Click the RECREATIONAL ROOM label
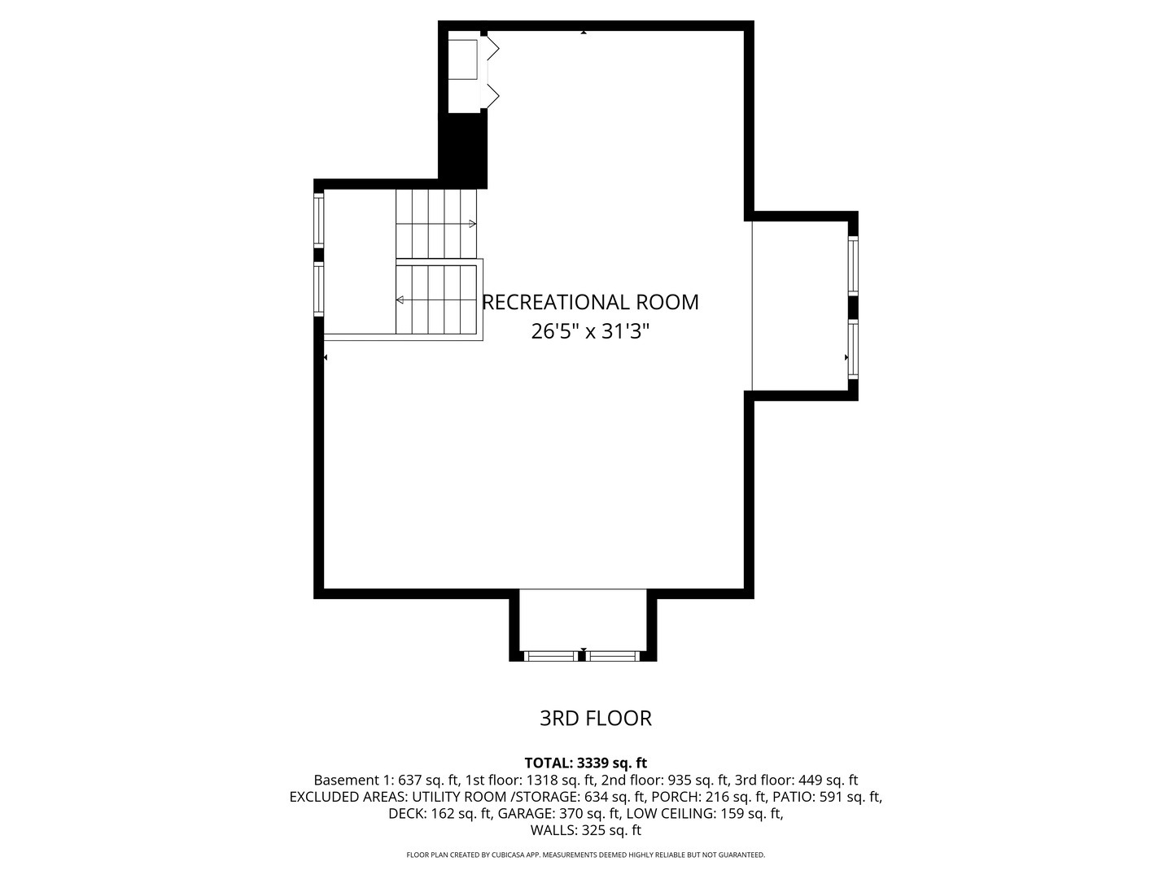click(x=590, y=303)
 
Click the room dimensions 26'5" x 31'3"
click(x=590, y=332)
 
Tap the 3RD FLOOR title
click(x=596, y=719)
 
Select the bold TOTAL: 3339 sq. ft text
click(x=585, y=763)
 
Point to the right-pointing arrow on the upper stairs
click(x=472, y=224)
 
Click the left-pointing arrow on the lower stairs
click(x=400, y=300)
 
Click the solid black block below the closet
click(x=462, y=151)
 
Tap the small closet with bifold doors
click(x=463, y=73)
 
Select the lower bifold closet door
click(x=491, y=96)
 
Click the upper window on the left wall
click(x=319, y=220)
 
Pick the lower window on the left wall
click(x=319, y=288)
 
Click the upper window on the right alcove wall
click(x=853, y=265)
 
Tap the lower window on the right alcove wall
click(x=853, y=349)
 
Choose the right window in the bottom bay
click(x=614, y=655)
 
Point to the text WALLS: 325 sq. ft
click(x=585, y=831)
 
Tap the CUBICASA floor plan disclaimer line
click(x=585, y=855)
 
